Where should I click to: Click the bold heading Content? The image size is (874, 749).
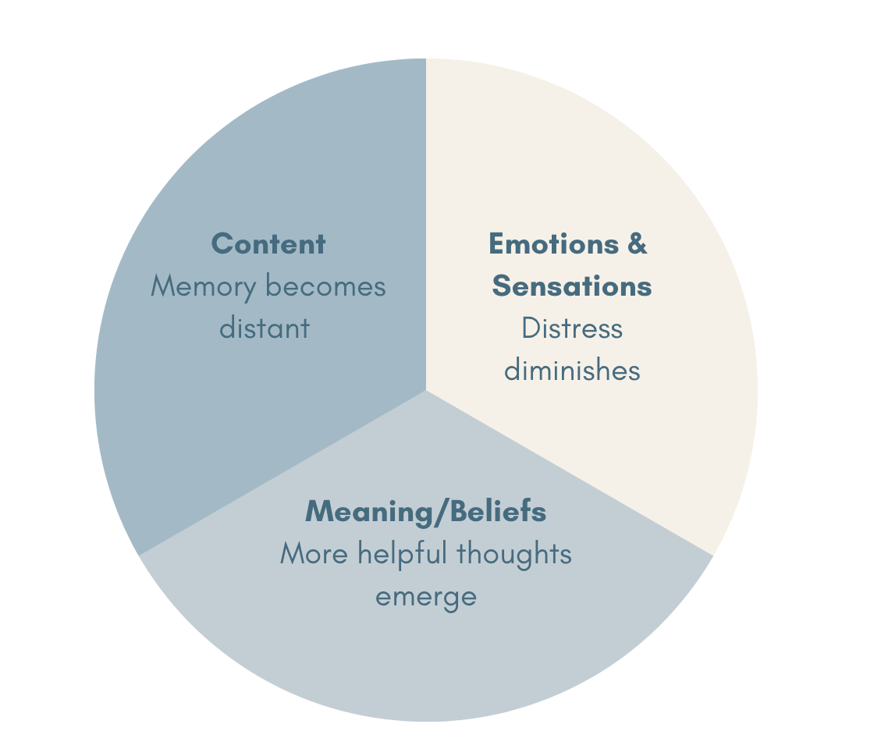pos(268,244)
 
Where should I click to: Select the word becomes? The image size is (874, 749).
pos(325,286)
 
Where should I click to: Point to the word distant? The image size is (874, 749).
pos(264,328)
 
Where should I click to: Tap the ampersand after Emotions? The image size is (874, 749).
pos(638,244)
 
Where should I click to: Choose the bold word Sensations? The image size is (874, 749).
pos(571,286)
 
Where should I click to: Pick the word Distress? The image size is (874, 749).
pos(571,328)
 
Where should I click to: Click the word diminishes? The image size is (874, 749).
pos(571,370)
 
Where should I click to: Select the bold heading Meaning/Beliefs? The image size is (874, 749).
pos(425,512)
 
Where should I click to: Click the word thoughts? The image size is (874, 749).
pos(513,554)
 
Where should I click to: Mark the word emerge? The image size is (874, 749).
pos(425,596)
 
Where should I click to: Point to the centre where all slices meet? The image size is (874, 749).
pos(426,390)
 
